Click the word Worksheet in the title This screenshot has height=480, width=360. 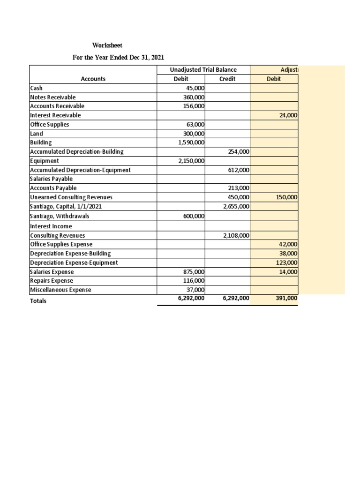(107, 45)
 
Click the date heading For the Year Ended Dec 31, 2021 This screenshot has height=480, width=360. (118, 58)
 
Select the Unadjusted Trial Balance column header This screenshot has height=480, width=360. (203, 70)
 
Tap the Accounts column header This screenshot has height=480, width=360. (93, 79)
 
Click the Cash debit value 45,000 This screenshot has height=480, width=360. (195, 88)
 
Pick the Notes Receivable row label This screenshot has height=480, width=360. (52, 97)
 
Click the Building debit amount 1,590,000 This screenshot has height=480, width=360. (191, 142)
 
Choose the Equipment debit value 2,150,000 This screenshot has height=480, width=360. (191, 161)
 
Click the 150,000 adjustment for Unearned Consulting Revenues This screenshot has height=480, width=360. (286, 197)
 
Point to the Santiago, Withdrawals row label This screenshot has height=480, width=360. (59, 216)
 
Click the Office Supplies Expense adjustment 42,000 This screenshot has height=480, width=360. (288, 244)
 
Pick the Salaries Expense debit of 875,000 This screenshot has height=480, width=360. (194, 272)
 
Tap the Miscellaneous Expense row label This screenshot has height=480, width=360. (60, 290)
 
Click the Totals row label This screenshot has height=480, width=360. (38, 301)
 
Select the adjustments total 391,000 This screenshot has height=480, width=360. (286, 298)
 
